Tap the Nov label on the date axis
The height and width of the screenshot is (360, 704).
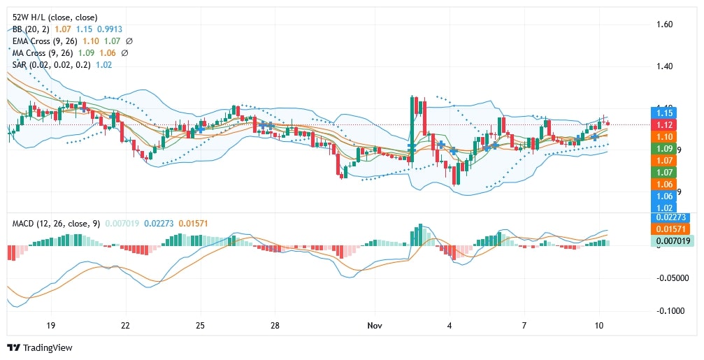(375, 326)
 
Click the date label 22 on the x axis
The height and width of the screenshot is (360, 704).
(125, 326)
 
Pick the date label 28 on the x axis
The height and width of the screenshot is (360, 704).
(275, 326)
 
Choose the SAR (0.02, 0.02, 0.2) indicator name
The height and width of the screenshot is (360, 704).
(52, 64)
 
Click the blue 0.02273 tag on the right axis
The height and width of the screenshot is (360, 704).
(670, 217)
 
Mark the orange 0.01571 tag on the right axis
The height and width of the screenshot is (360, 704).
(670, 229)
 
